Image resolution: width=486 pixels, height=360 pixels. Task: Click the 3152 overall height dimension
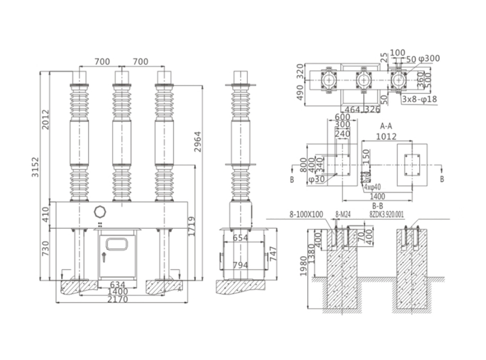pos(35,167)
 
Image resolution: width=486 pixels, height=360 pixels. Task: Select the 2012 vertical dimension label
pos(45,119)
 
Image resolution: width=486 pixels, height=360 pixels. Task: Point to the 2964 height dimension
pos(198,142)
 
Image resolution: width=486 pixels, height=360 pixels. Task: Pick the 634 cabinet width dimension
pos(117,284)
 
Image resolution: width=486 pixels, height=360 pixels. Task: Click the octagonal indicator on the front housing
pos(99,211)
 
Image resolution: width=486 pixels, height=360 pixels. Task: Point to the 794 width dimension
pos(240,265)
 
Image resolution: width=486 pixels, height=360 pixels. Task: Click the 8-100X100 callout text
pos(306,215)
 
